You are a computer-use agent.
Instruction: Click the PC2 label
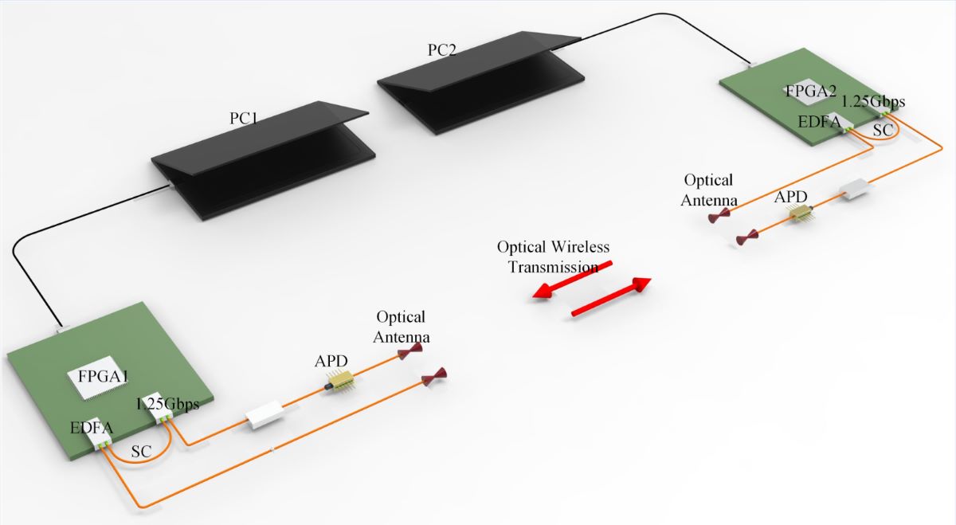pyautogui.click(x=442, y=49)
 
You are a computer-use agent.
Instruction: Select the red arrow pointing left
pyautogui.click(x=572, y=280)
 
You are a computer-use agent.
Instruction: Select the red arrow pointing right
pyautogui.click(x=612, y=299)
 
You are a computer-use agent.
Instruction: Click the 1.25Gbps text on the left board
pyautogui.click(x=167, y=404)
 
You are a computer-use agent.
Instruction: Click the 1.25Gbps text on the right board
pyautogui.click(x=873, y=102)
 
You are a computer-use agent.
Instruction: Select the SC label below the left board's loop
pyautogui.click(x=142, y=451)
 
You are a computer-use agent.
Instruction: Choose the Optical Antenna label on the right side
pyautogui.click(x=707, y=190)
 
